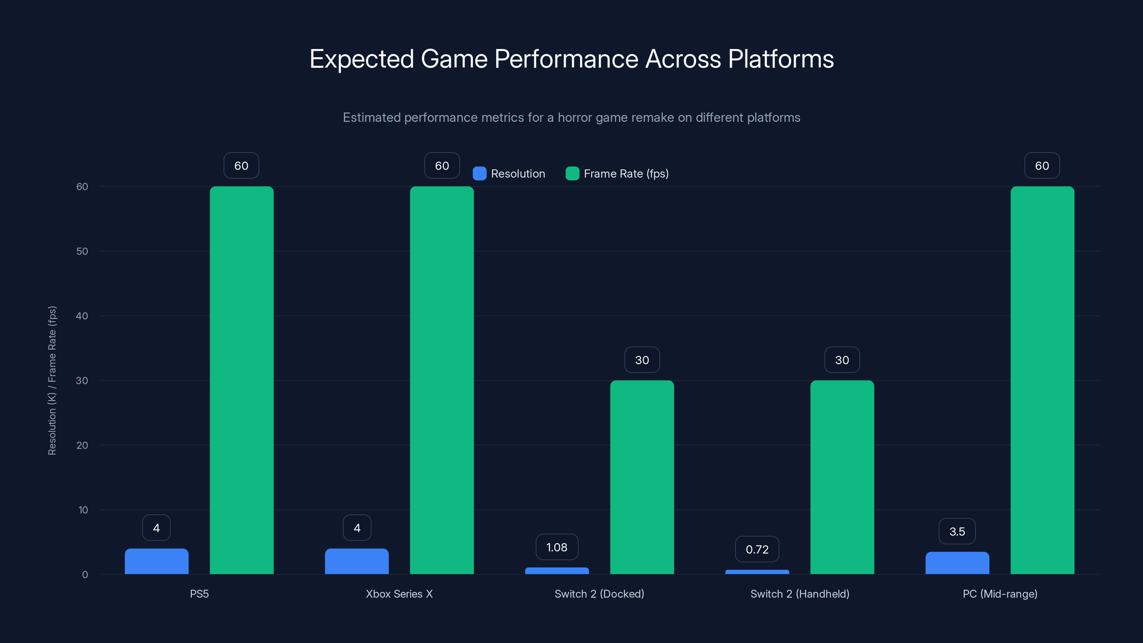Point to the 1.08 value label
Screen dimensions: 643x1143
pyautogui.click(x=557, y=547)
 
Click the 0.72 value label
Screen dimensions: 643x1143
pyautogui.click(x=757, y=549)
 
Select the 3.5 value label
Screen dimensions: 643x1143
pyautogui.click(x=957, y=531)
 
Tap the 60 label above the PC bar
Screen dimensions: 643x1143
pyautogui.click(x=1042, y=165)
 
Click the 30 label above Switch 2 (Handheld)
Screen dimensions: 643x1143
pyautogui.click(x=842, y=360)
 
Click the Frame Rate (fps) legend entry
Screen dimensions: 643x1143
pyautogui.click(x=617, y=174)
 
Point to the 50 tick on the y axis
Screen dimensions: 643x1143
pyautogui.click(x=82, y=251)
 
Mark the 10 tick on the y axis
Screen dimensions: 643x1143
pyautogui.click(x=83, y=510)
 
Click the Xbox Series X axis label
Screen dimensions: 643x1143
pyautogui.click(x=399, y=594)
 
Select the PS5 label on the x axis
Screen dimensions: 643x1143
pyautogui.click(x=199, y=594)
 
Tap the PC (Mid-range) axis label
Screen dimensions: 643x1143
pyautogui.click(x=1000, y=594)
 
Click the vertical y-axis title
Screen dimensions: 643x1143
pyautogui.click(x=52, y=380)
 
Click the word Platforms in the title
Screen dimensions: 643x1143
pyautogui.click(x=780, y=59)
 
